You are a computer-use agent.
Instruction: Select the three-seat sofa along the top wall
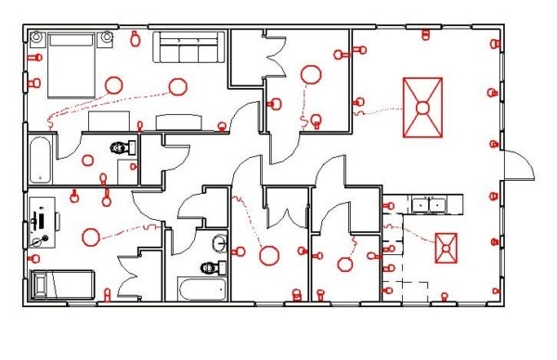coord(189,46)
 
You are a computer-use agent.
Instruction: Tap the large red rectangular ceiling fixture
coord(422,108)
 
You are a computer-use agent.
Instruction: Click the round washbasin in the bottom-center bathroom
coord(220,244)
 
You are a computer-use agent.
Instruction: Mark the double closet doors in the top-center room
coord(275,58)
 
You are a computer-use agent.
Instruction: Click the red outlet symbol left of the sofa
coord(136,39)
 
